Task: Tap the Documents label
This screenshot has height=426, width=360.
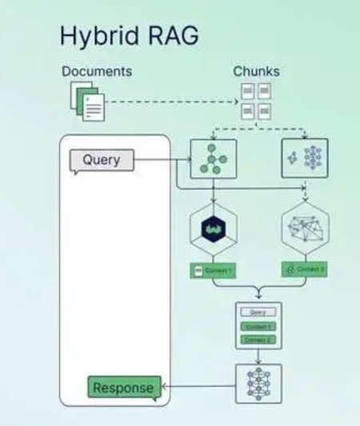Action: (x=97, y=71)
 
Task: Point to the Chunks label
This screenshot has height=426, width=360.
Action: (x=256, y=71)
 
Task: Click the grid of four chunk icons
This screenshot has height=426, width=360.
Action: (x=256, y=101)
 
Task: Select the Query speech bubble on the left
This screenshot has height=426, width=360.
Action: (x=102, y=160)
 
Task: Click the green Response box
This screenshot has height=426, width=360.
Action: (x=124, y=388)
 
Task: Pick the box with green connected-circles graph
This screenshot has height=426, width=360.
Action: (x=214, y=159)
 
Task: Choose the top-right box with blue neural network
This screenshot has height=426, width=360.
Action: (x=305, y=159)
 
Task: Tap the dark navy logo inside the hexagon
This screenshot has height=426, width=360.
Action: (x=214, y=228)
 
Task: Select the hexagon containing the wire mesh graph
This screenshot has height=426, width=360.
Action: (x=305, y=228)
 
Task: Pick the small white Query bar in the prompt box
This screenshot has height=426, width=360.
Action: (x=258, y=312)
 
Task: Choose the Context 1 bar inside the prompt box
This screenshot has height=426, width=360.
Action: (x=258, y=327)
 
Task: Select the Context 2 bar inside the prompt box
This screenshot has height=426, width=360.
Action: (x=258, y=340)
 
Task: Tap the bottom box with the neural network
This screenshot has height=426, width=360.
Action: (x=258, y=384)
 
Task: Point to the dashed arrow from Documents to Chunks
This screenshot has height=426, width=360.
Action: (x=172, y=102)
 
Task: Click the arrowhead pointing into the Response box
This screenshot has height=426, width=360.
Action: (x=166, y=388)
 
